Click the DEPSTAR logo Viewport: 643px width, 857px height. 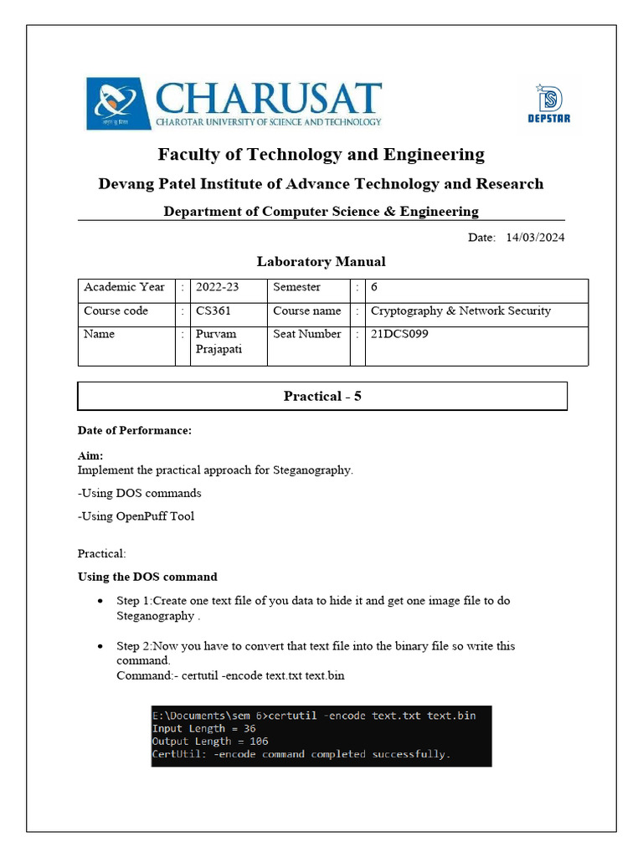click(549, 104)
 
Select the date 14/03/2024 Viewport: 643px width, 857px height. click(535, 238)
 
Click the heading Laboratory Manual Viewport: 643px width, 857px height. click(321, 261)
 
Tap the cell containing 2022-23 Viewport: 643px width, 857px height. click(217, 287)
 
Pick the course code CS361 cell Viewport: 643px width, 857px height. click(213, 310)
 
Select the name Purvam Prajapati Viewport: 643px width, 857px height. click(219, 341)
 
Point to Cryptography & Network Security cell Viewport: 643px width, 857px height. click(460, 310)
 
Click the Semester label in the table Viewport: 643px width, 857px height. click(296, 287)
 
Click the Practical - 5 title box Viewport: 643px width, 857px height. click(322, 397)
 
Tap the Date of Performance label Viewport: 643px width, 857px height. click(135, 431)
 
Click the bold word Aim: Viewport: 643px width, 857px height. click(90, 456)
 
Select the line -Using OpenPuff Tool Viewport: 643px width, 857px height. click(136, 516)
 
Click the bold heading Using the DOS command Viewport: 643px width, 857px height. click(147, 577)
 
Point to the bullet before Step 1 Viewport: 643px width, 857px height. click(100, 602)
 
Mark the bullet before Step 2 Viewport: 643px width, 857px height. click(100, 647)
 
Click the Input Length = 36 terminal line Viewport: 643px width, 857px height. click(203, 728)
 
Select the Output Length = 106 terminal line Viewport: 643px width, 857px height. click(209, 742)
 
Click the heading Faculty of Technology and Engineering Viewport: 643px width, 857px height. click(321, 155)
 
